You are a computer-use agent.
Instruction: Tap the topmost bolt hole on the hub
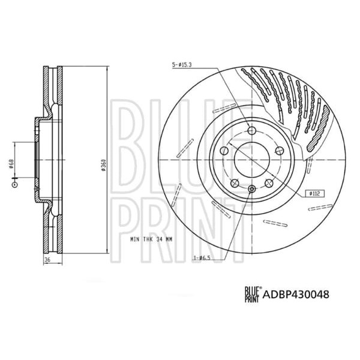click(x=250, y=131)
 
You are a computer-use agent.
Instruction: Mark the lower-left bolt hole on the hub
click(x=233, y=182)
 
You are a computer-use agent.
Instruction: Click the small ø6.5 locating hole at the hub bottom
click(x=250, y=189)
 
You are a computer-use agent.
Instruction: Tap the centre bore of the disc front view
click(x=250, y=160)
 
